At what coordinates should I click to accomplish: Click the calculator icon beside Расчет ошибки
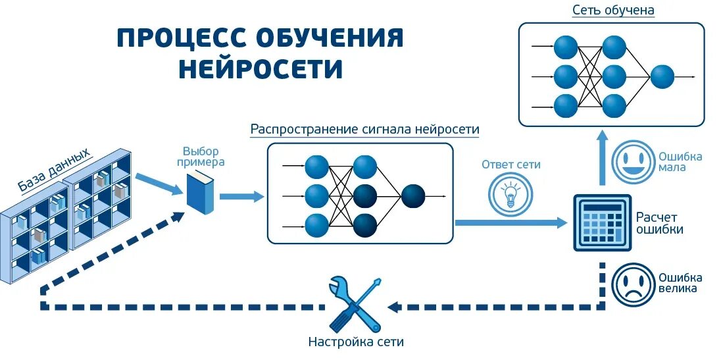(602, 222)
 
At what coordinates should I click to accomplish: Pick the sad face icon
(630, 284)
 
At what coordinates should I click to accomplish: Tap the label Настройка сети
(356, 342)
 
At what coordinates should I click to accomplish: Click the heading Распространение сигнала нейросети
(364, 129)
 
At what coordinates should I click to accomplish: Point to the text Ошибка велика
(680, 283)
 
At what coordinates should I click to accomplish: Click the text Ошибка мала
(680, 162)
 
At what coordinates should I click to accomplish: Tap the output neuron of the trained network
(662, 77)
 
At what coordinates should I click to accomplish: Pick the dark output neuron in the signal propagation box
(413, 196)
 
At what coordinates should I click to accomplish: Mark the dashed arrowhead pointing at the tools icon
(395, 307)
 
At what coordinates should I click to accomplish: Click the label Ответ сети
(510, 165)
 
